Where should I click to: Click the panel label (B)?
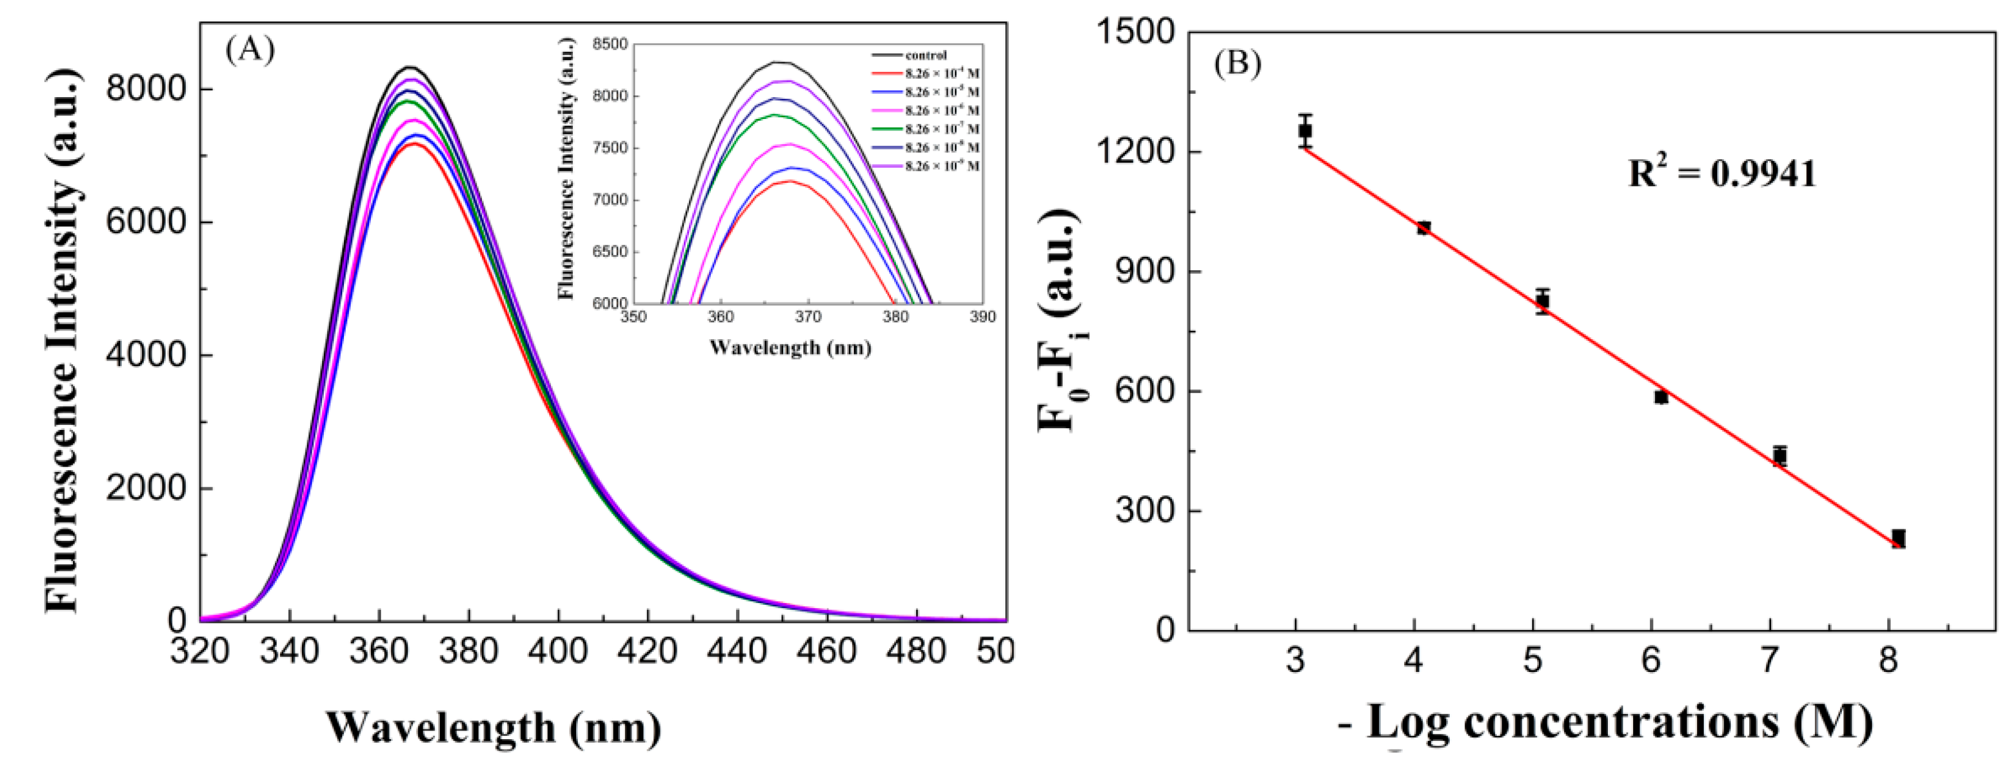click(1238, 63)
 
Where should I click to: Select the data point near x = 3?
click(1305, 130)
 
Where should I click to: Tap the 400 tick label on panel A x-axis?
click(558, 650)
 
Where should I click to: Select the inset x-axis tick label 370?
click(807, 317)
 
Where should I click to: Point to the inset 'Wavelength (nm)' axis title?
click(790, 347)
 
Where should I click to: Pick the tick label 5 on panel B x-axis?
click(1533, 661)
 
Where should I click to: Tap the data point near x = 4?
click(1424, 228)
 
